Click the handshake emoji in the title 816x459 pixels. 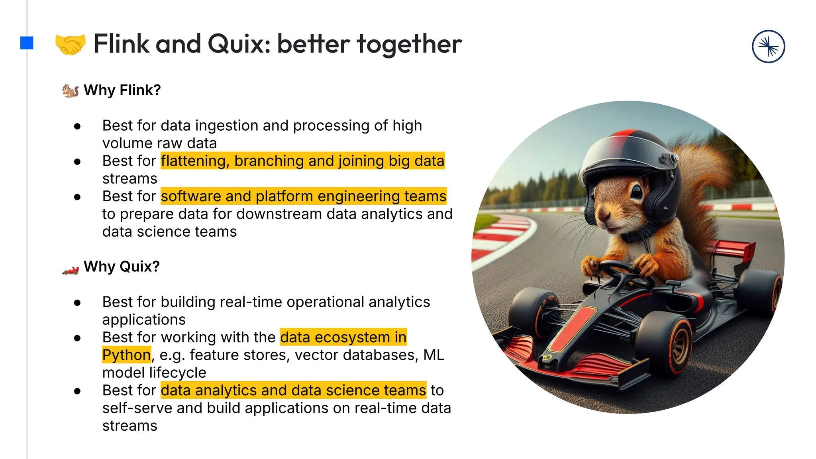click(70, 44)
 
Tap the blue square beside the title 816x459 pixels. click(27, 43)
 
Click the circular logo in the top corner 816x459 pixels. click(768, 47)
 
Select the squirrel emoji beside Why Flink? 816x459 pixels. click(71, 90)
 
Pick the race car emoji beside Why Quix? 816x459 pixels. click(71, 271)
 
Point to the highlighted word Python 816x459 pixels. click(126, 355)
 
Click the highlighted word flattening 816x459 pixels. click(194, 161)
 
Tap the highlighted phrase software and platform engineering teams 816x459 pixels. click(304, 196)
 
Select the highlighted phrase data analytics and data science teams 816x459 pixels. click(293, 390)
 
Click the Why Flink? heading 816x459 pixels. click(122, 90)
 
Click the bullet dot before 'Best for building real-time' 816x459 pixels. click(77, 303)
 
